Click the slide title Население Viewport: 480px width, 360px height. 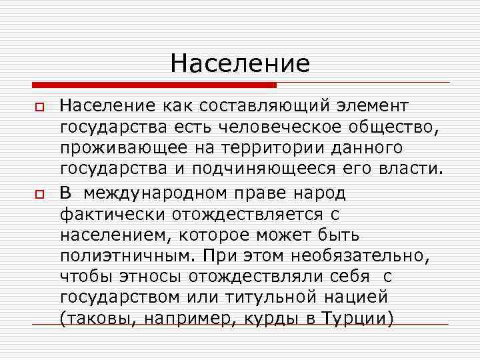pos(240,63)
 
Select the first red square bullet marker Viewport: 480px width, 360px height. pos(39,107)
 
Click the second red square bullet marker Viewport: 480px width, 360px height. pos(39,193)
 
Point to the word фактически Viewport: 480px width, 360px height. pos(113,214)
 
